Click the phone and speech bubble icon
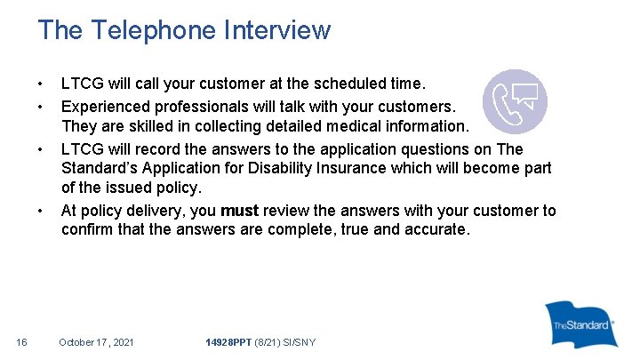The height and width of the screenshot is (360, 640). [514, 101]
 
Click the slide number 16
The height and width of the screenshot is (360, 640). [22, 342]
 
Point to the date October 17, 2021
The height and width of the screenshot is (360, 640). [96, 342]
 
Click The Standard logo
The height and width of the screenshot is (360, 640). [581, 325]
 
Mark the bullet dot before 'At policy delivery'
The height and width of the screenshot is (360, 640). [41, 211]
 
